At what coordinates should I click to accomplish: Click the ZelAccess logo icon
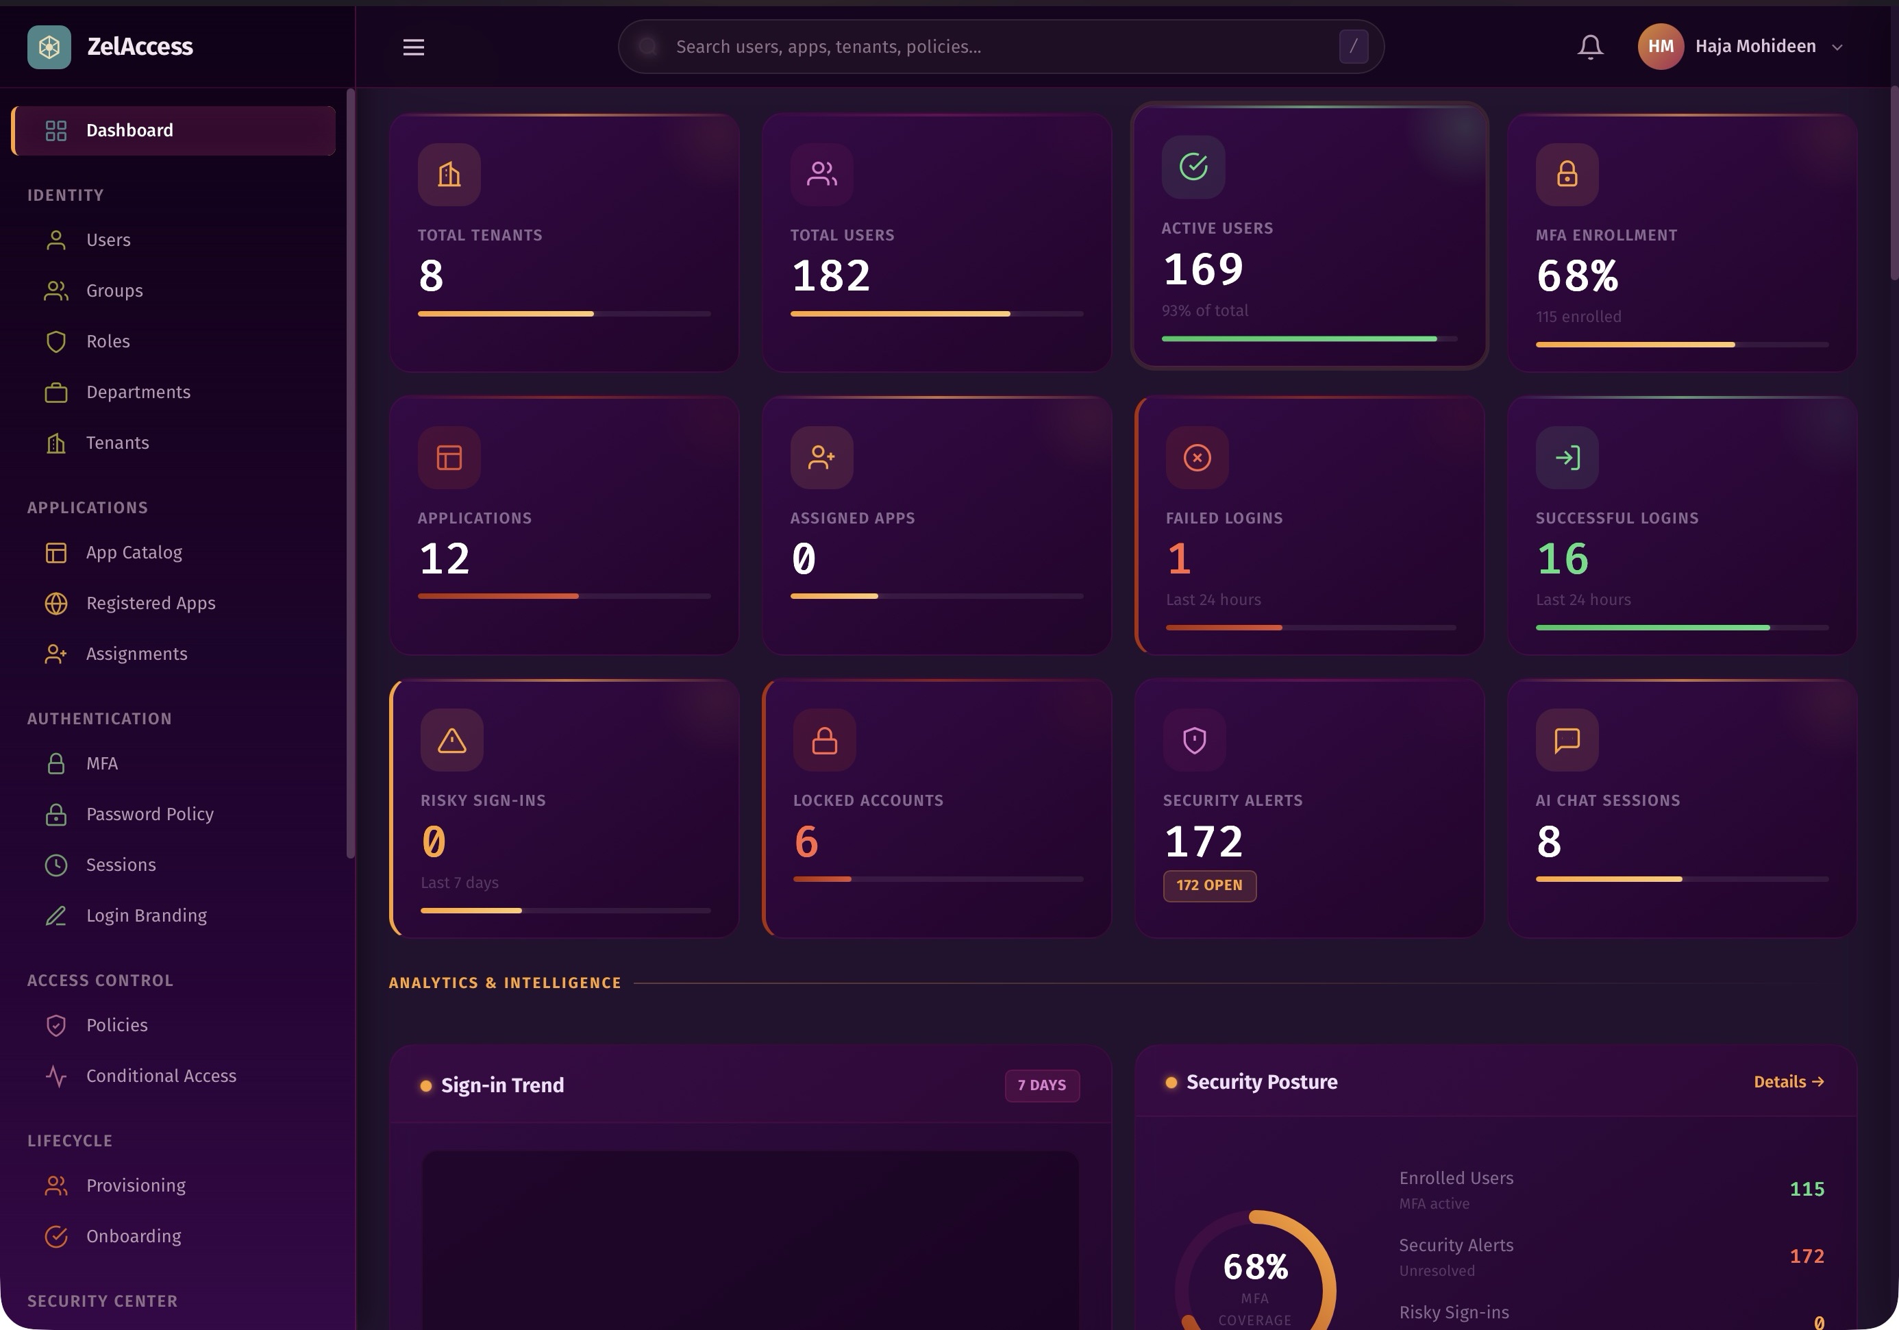click(49, 47)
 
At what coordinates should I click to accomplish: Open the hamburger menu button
click(414, 47)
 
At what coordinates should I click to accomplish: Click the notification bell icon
click(1589, 47)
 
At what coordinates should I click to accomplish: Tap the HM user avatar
click(1660, 47)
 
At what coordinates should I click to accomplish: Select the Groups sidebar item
click(114, 291)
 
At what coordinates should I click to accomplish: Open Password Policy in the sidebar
click(150, 815)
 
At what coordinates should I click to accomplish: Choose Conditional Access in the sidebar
click(160, 1076)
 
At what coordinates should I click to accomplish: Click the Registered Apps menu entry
click(151, 604)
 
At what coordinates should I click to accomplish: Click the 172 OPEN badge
click(1209, 886)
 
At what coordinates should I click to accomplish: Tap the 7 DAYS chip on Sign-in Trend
click(1041, 1085)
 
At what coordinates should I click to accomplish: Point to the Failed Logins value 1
click(1178, 559)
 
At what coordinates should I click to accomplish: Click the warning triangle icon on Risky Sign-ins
click(451, 740)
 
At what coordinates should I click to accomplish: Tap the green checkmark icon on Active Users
click(1193, 167)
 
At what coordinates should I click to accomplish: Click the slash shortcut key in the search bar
click(1353, 47)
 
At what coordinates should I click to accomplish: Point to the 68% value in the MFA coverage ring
click(1255, 1267)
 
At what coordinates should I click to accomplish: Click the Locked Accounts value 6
click(806, 842)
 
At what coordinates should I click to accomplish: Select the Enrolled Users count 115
click(1807, 1190)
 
